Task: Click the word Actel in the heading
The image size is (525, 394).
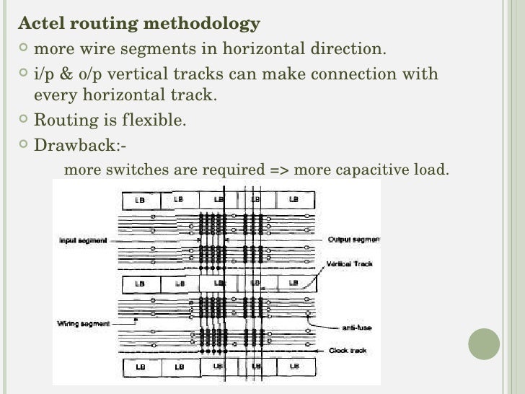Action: coord(40,25)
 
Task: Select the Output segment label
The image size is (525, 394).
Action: coord(354,240)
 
